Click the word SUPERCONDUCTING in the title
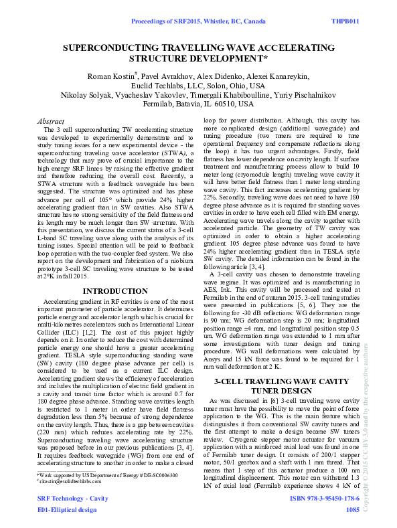(118, 49)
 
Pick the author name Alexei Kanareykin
(280, 76)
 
